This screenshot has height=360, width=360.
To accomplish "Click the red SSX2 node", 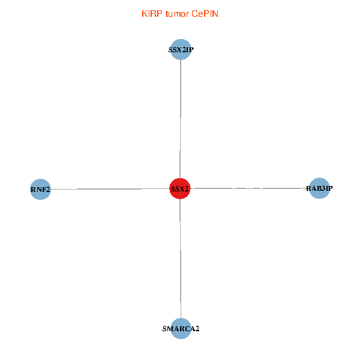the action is tap(180, 188).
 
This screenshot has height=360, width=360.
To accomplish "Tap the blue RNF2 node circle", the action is tap(40, 190).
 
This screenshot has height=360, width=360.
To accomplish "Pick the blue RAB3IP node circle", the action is tap(319, 188).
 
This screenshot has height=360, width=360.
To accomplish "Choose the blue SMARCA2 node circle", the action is tap(181, 328).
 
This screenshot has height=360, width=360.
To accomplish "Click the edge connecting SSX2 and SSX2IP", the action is tap(181, 120).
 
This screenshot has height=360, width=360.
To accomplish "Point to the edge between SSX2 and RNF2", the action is tap(108, 189).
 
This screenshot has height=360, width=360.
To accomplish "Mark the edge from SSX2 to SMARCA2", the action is tap(181, 258).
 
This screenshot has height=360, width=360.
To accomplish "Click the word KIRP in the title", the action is tap(151, 14).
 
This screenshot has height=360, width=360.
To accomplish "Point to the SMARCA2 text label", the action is tap(181, 329).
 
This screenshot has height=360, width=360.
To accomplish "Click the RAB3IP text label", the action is tap(319, 189).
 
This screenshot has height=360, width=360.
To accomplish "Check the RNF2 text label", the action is tap(40, 190).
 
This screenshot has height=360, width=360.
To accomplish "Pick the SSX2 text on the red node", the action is tap(180, 189).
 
